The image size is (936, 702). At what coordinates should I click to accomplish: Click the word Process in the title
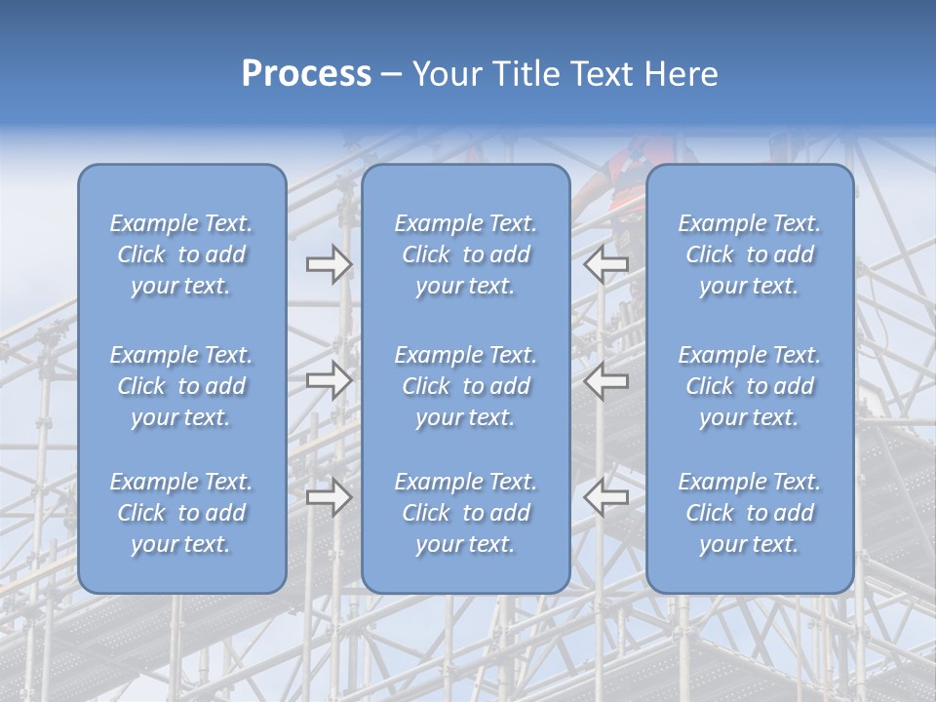tap(306, 74)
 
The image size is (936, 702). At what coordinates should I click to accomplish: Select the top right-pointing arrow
tap(330, 264)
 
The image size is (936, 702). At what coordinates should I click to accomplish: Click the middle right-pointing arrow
tap(330, 380)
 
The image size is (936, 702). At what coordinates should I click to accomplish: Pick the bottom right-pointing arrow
tap(330, 496)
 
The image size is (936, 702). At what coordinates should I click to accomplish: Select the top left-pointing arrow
tap(606, 264)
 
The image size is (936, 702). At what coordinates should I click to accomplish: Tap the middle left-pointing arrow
tap(606, 380)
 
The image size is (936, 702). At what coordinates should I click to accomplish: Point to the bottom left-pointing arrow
tap(606, 496)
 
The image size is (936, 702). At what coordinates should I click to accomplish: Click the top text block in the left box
tap(181, 254)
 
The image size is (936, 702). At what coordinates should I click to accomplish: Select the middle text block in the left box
tap(181, 386)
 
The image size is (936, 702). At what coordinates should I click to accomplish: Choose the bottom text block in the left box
tap(181, 513)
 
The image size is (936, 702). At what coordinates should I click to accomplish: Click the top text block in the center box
tap(465, 254)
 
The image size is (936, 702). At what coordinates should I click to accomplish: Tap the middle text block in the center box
tap(465, 386)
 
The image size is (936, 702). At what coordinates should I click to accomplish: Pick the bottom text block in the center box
tap(465, 513)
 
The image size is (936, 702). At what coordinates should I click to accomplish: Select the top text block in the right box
tap(749, 254)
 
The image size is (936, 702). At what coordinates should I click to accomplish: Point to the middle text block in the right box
tap(749, 386)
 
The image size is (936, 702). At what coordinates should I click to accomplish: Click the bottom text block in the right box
tap(749, 513)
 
